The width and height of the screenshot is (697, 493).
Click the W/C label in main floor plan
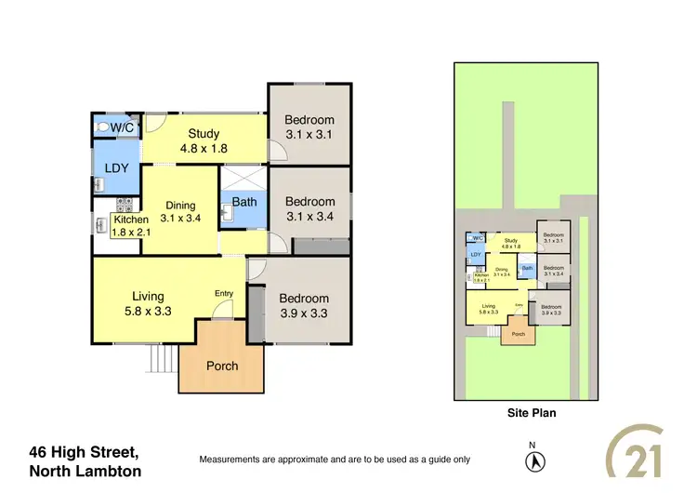pyautogui.click(x=123, y=127)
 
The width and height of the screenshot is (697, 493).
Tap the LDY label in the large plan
pyautogui.click(x=116, y=168)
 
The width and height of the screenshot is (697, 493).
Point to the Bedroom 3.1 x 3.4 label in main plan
pyautogui.click(x=309, y=209)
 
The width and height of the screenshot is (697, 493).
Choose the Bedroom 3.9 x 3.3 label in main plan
pyautogui.click(x=304, y=306)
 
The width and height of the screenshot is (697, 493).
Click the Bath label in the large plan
pyautogui.click(x=244, y=201)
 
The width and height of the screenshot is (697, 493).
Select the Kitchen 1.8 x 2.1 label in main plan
pyautogui.click(x=131, y=225)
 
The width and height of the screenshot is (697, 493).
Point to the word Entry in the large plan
pyautogui.click(x=224, y=294)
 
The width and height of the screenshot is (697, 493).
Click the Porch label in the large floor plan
pyautogui.click(x=221, y=366)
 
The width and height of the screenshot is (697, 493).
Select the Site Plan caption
pyautogui.click(x=531, y=413)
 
